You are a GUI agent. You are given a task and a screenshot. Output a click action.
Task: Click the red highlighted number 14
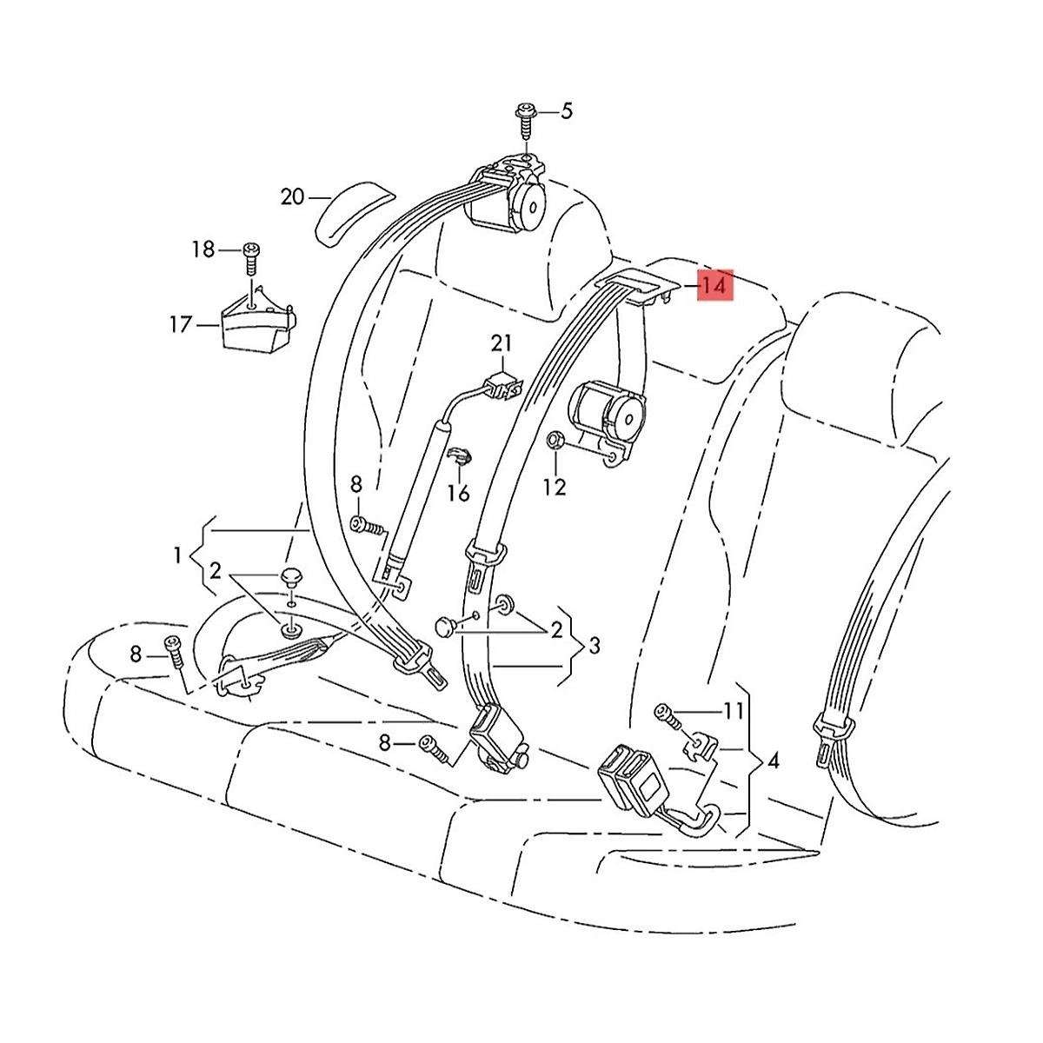click(714, 285)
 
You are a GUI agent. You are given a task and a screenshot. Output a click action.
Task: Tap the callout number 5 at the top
click(566, 112)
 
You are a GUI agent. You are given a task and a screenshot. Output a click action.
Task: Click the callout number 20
click(293, 197)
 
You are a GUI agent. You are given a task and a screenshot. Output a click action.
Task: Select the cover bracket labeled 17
click(259, 322)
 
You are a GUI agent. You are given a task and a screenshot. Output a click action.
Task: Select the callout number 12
click(555, 487)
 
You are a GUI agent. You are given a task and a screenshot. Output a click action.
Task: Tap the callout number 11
click(734, 711)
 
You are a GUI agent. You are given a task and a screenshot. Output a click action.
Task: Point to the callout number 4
click(774, 761)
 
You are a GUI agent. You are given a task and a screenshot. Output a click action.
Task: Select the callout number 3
click(595, 645)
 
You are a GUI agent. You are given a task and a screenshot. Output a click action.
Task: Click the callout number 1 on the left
click(177, 555)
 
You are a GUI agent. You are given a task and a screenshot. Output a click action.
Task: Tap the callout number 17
click(181, 325)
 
